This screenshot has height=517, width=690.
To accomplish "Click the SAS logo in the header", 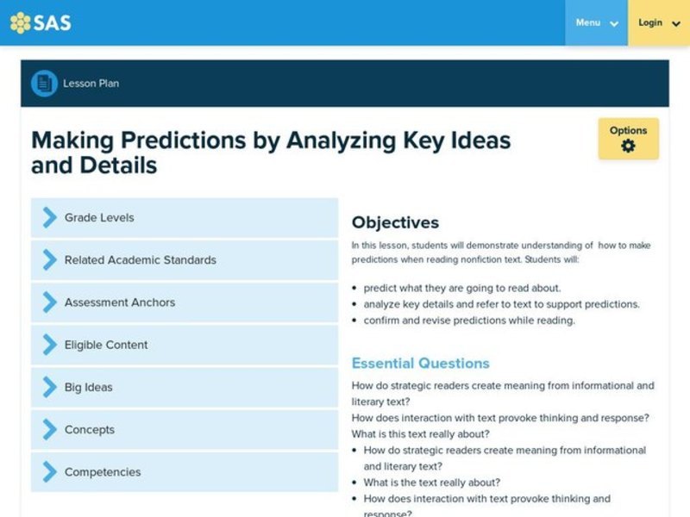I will coord(41,23).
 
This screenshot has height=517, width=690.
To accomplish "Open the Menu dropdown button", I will coord(596,23).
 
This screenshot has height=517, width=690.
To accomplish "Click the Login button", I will coord(659,23).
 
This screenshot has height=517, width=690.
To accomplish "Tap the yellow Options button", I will coord(628,139).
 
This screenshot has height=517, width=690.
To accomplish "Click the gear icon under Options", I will coord(628,146).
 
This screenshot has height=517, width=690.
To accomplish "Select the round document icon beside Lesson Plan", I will coord(44,84).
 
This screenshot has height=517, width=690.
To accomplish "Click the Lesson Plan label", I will coord(91,84).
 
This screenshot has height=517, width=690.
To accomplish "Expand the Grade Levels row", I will coord(185,218).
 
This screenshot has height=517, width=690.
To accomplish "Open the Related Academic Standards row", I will coord(185,260).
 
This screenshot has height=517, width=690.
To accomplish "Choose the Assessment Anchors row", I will coord(185,302).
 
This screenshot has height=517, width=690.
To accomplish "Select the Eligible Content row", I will coord(185,345).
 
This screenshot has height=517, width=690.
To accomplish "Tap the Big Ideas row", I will coord(185,387).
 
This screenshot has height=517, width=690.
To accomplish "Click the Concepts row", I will coord(185,429).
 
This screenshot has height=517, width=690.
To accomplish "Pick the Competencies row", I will coord(185,471).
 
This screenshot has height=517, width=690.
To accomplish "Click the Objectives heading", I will coord(395,222).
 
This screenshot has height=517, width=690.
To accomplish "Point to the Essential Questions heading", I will coord(420,363).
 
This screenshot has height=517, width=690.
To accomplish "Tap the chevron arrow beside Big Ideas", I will coord(49,387).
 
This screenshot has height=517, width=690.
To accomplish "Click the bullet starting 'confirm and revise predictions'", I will coord(468,321).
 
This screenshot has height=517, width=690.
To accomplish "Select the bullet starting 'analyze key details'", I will coord(501,304).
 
